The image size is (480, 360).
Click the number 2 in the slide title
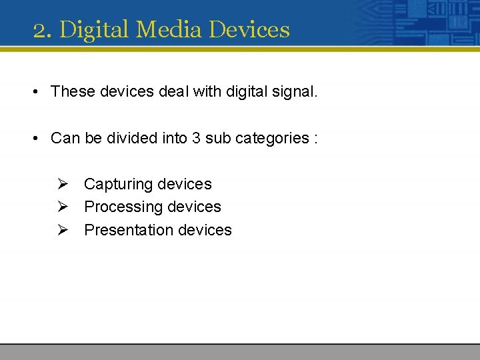coord(40,30)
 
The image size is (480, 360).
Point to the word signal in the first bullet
coord(294,91)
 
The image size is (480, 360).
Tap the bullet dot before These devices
coord(34,92)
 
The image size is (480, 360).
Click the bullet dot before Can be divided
coord(34,139)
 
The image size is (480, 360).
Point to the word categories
coord(269,138)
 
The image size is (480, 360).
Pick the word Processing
coord(124,207)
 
